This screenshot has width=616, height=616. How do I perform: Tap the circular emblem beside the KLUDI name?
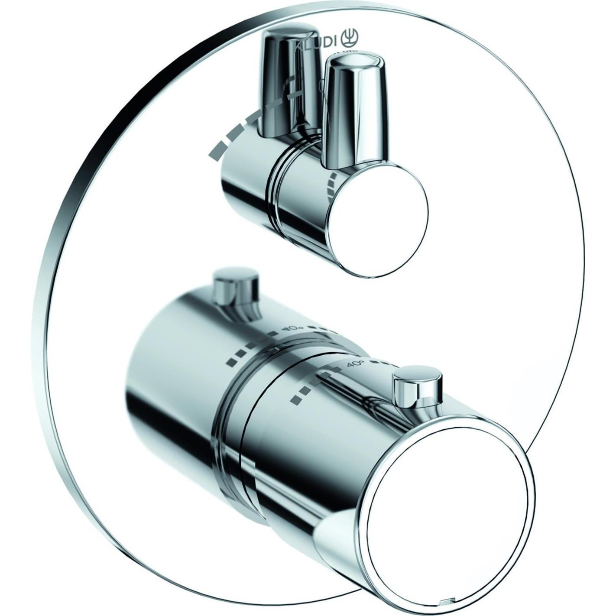point(350,39)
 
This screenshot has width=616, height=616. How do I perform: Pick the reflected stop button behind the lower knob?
point(236,288)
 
